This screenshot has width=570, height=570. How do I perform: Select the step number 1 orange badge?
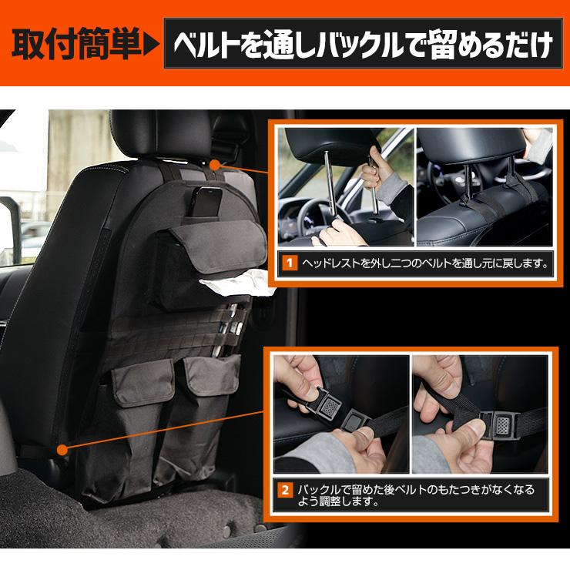point(290,263)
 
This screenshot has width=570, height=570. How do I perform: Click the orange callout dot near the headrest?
point(214,164)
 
